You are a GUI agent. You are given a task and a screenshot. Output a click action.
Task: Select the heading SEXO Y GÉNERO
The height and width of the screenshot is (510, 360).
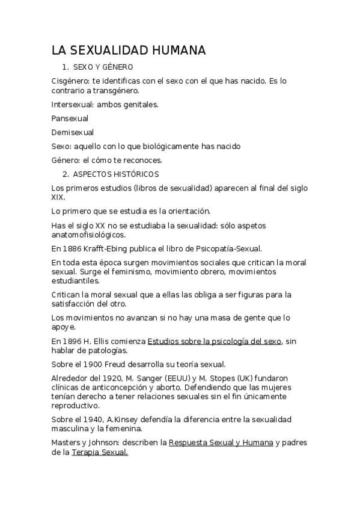[x=103, y=67]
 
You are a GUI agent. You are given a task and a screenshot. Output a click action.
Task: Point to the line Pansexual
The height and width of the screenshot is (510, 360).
[x=70, y=118]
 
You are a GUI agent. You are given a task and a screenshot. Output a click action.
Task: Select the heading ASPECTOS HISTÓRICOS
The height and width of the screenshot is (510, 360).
[x=115, y=174]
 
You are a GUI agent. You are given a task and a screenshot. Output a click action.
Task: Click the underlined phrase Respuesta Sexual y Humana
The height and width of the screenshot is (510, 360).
[x=221, y=443]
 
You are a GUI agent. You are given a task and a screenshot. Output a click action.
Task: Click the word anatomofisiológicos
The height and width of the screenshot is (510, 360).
[x=88, y=235]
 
